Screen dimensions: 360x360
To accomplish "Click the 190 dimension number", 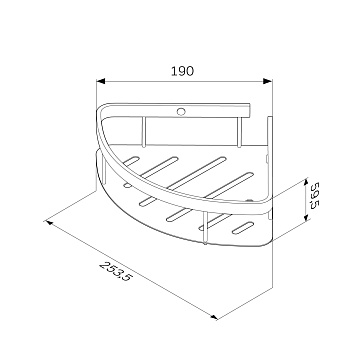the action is point(182,71).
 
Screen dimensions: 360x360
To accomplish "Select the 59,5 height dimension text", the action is point(314,195).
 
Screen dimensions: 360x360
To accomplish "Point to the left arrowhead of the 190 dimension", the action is point(101,81).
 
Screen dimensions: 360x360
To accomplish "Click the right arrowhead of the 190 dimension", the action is point(268,81).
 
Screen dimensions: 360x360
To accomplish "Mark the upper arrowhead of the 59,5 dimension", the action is point(306,183).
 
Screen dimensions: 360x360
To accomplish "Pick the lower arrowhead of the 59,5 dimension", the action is point(306,216).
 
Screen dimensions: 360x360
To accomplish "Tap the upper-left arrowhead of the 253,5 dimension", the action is point(49,222).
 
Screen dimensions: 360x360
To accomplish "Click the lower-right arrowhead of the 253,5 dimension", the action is point(213,317).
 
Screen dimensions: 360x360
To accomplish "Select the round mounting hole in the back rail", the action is point(181,112).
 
